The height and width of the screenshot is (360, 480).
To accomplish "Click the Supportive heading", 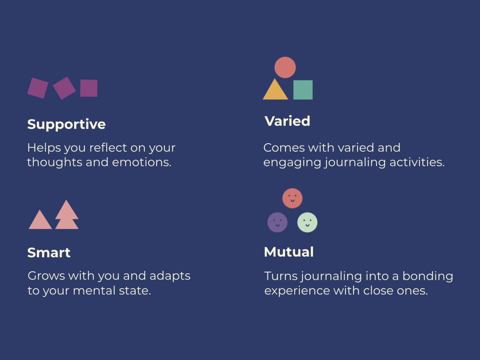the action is [67, 124].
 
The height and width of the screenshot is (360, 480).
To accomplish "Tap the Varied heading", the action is [287, 121].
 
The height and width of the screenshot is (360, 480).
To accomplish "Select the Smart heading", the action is [49, 253].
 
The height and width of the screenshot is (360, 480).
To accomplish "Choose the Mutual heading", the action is [289, 252].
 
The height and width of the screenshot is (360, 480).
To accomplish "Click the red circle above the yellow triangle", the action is [285, 67].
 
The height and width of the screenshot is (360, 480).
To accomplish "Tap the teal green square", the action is [303, 90].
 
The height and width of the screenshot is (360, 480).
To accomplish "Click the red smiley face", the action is [292, 198].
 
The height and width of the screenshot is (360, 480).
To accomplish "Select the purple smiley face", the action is [277, 222].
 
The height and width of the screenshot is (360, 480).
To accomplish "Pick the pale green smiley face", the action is [307, 222].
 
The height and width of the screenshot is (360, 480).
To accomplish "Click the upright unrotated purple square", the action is [89, 88].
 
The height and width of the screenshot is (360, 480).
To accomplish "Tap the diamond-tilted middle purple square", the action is [64, 88].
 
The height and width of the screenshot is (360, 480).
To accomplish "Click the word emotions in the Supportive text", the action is [142, 162].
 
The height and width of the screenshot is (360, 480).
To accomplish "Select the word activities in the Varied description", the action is [417, 162].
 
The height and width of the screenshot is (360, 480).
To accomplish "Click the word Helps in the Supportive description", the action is [44, 148].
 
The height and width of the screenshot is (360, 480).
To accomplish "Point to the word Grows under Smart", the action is [46, 276].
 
